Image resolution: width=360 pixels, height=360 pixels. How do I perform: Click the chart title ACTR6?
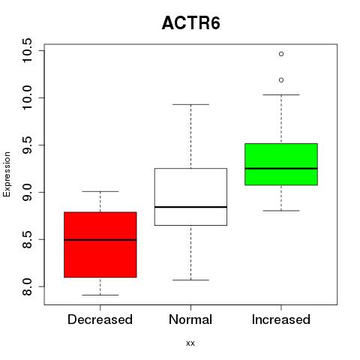click(191, 23)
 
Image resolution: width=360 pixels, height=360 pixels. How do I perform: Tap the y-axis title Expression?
click(7, 174)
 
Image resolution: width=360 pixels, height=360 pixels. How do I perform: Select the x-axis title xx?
click(190, 343)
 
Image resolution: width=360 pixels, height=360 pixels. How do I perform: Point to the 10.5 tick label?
click(27, 50)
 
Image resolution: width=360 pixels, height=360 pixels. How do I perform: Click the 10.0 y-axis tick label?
click(27, 97)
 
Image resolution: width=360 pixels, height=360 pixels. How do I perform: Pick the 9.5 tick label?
click(27, 145)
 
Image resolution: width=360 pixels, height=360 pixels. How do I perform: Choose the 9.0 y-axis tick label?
click(27, 192)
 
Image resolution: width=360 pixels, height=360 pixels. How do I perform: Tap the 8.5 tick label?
click(27, 239)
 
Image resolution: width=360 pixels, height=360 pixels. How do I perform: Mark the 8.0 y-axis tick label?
click(27, 286)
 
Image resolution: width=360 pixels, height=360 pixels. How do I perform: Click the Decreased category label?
click(100, 319)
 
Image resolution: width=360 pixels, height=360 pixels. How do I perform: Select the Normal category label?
click(190, 319)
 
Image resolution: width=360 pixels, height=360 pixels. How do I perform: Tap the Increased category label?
click(281, 319)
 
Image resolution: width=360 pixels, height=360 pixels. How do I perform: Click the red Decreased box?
click(100, 244)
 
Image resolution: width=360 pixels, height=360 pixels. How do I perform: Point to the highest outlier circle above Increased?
click(281, 54)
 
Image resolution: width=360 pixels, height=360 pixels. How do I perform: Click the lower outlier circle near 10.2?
click(281, 80)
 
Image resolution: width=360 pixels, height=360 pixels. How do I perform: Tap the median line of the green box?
click(281, 169)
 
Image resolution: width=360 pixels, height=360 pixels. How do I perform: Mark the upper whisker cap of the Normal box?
click(190, 104)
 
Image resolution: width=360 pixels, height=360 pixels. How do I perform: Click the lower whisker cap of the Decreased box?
click(100, 295)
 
